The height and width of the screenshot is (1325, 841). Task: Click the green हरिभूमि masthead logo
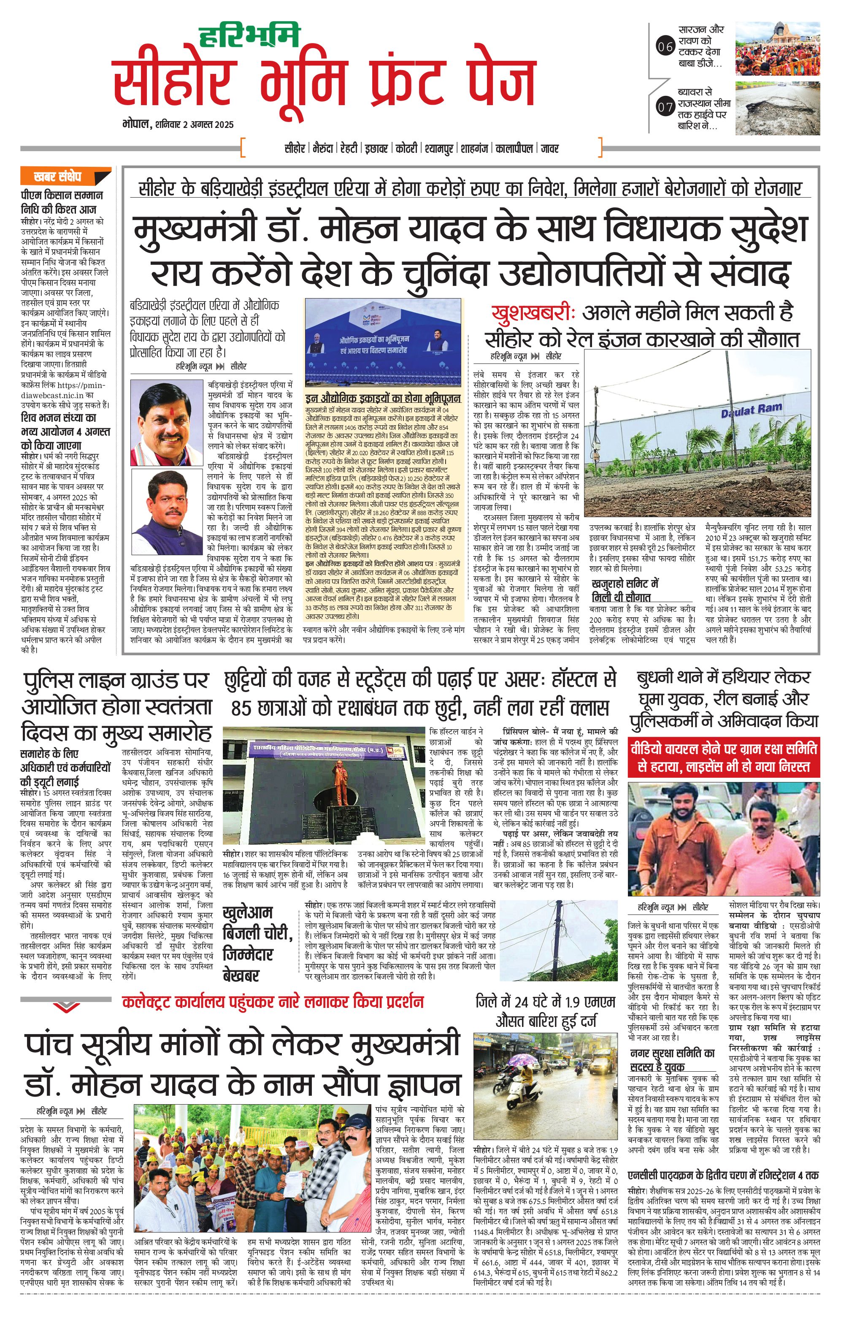[249, 36]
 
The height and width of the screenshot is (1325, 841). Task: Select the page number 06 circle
[665, 47]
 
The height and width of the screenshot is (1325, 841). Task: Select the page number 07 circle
[665, 107]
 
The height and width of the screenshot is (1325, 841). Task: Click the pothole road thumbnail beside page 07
[777, 108]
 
